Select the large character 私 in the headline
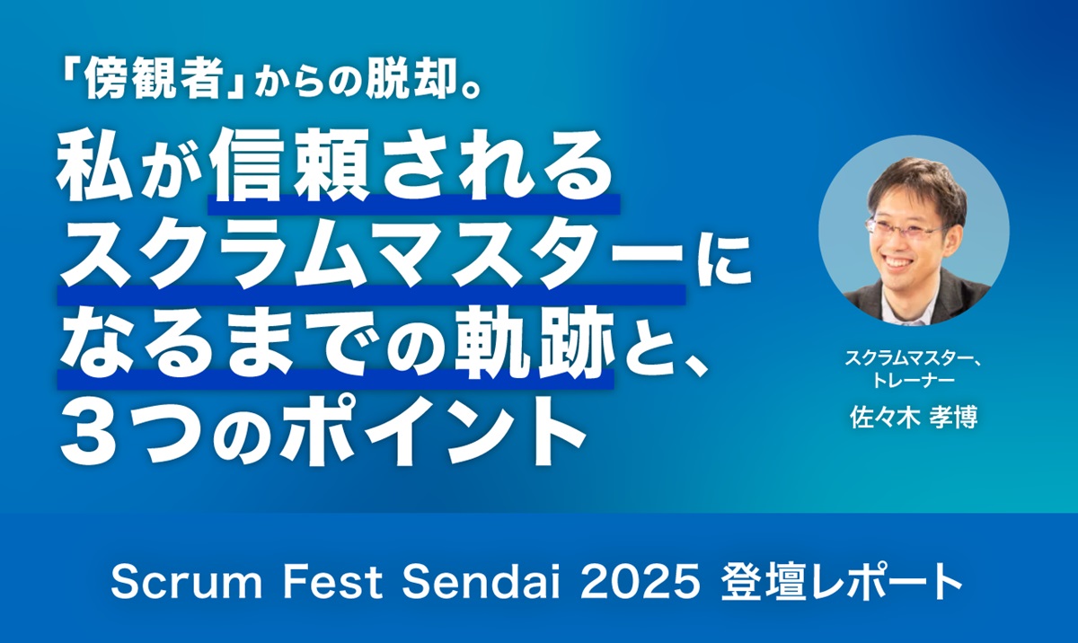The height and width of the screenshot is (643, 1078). pos(94,170)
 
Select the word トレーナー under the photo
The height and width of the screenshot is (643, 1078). pos(913,382)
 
